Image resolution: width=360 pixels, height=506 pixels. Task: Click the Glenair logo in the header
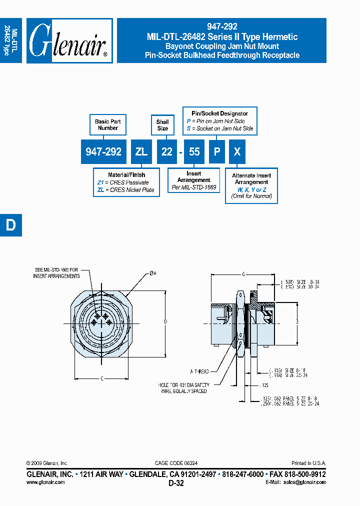pyautogui.click(x=69, y=41)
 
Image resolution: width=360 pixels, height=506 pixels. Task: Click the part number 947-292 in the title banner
pyautogui.click(x=221, y=27)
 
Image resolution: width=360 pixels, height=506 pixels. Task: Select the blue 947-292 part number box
pyautogui.click(x=103, y=152)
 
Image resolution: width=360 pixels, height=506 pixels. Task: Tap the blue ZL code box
pyautogui.click(x=141, y=152)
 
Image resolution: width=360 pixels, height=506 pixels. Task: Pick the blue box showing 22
pyautogui.click(x=166, y=152)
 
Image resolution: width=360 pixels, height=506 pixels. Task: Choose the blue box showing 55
pyautogui.click(x=194, y=152)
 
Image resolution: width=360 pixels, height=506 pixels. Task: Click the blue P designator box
pyautogui.click(x=216, y=152)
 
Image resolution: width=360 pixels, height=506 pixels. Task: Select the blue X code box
pyautogui.click(x=237, y=152)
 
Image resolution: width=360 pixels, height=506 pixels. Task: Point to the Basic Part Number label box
pyautogui.click(x=108, y=124)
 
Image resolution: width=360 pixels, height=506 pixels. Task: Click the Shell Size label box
pyautogui.click(x=162, y=125)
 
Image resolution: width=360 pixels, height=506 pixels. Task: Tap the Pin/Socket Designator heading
pyautogui.click(x=220, y=113)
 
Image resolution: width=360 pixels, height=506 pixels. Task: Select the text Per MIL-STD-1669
pyautogui.click(x=194, y=187)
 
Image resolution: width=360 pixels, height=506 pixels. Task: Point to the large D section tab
pyautogui.click(x=11, y=225)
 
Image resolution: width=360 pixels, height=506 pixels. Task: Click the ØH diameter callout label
pyautogui.click(x=152, y=272)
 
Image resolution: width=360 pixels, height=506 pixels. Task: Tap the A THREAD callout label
pyautogui.click(x=199, y=371)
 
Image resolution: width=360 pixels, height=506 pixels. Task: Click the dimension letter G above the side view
pyautogui.click(x=243, y=274)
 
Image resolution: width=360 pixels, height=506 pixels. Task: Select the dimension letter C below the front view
pyautogui.click(x=101, y=378)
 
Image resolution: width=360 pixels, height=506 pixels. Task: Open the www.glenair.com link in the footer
pyautogui.click(x=45, y=482)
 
